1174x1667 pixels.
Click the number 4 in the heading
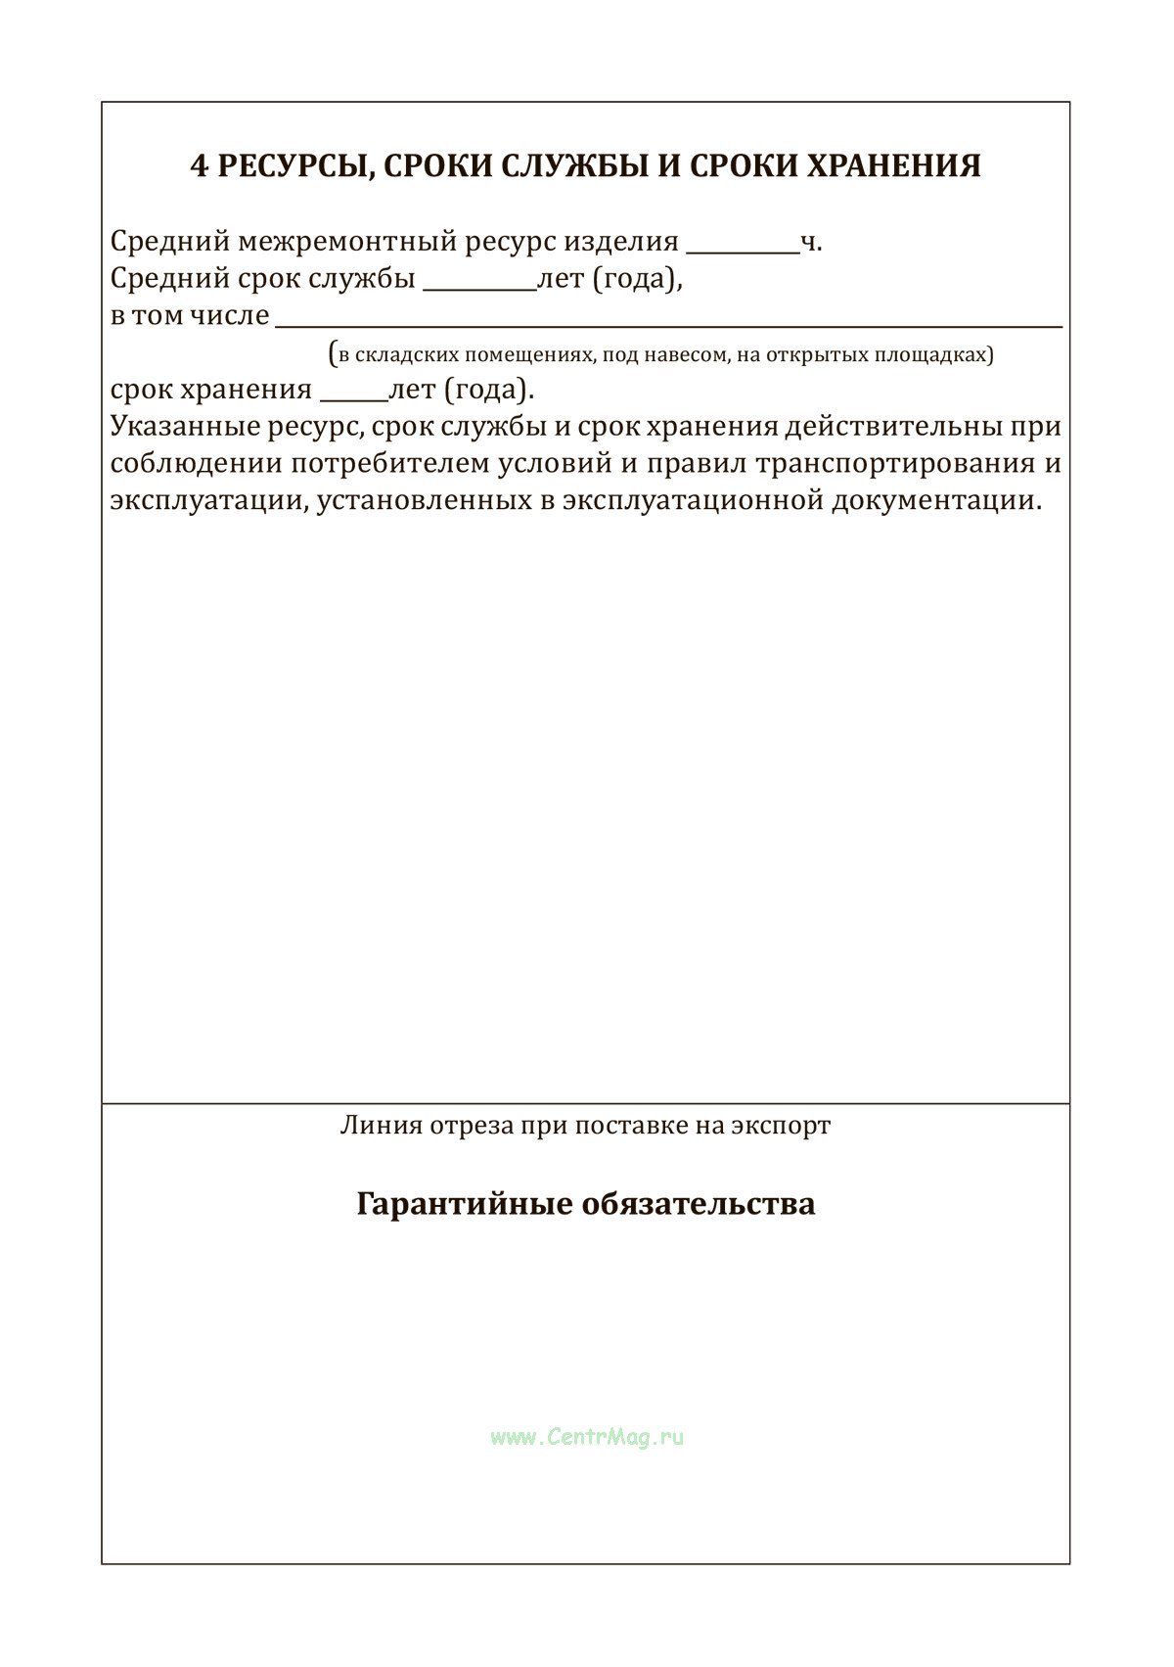[x=199, y=166]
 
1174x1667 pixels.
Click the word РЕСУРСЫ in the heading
[x=293, y=166]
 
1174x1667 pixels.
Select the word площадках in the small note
[x=941, y=354]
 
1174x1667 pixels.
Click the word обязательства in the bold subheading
[x=699, y=1203]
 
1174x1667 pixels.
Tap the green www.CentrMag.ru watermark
[x=587, y=1437]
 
